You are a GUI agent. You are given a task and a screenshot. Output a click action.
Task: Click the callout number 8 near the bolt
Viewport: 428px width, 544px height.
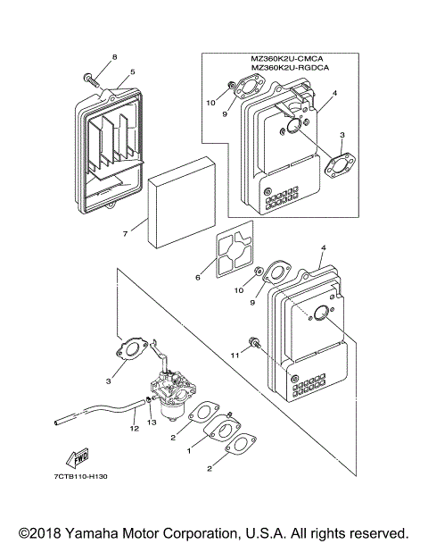coord(115,57)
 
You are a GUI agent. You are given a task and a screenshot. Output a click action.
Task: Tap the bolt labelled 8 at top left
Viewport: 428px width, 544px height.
coord(92,80)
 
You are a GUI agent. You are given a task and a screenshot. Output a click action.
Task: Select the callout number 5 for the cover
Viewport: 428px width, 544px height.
coord(133,71)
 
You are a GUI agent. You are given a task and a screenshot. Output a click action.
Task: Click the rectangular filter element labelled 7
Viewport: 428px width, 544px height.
coord(181,202)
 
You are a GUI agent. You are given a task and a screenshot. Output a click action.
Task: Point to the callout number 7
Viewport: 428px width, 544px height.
coord(125,234)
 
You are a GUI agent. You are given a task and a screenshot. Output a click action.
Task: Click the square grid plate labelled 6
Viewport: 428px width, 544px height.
coord(235,249)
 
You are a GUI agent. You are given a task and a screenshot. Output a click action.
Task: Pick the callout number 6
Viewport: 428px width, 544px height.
coord(198,277)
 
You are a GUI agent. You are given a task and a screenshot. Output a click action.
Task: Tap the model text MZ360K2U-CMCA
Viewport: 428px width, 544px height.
coord(287,59)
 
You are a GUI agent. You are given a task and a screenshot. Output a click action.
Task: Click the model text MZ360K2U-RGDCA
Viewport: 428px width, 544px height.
coord(290,67)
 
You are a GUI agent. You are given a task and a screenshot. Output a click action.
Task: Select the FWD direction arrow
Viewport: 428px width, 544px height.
coord(78,457)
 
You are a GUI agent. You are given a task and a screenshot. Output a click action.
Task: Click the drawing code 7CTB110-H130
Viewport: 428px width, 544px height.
coord(80,476)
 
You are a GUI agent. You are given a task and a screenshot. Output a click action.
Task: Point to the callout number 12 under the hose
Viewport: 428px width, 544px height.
coord(135,428)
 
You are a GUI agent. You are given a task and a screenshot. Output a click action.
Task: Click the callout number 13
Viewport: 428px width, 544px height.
coord(152,422)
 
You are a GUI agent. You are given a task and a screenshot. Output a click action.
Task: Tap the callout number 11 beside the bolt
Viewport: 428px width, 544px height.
coord(235,356)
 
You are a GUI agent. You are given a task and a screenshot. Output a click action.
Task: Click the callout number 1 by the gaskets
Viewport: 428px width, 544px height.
coord(189,451)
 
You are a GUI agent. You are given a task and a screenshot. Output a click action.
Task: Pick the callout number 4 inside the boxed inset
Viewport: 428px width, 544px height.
coord(334,93)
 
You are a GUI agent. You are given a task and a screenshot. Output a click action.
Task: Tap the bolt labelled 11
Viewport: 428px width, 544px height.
coord(254,343)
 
